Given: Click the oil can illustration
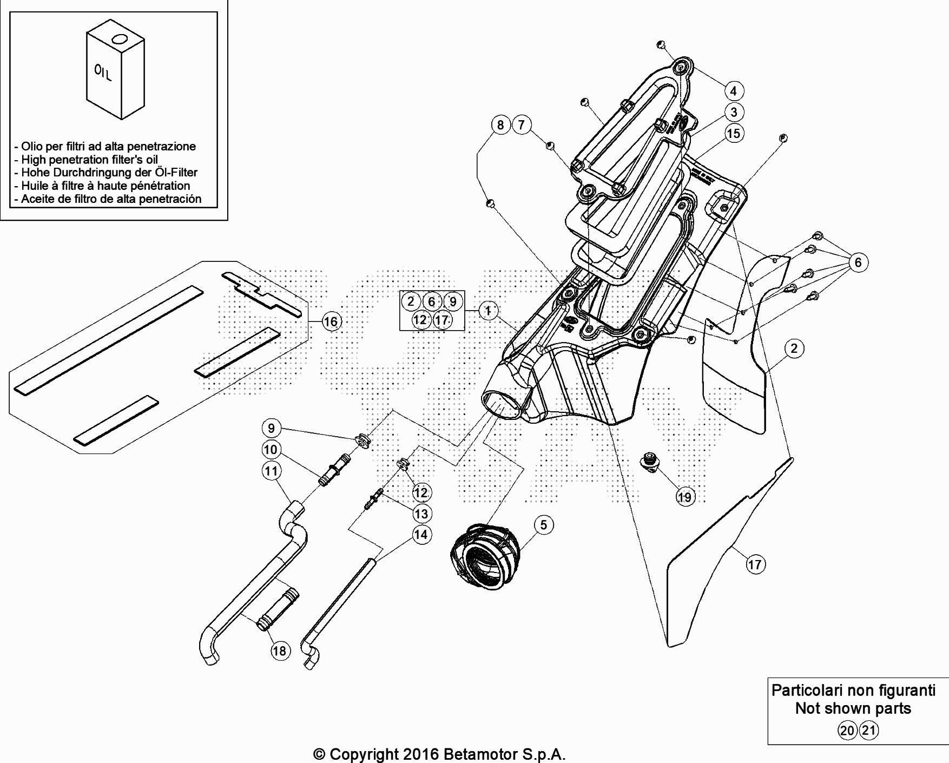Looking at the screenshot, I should (115, 70).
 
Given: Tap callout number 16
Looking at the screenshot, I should (330, 321).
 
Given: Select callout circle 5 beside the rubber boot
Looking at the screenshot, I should (544, 524).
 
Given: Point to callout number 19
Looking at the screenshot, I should (685, 497).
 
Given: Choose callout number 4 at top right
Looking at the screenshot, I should (734, 91).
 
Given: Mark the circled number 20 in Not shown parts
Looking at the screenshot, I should (847, 731).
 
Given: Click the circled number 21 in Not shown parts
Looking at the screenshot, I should (869, 731).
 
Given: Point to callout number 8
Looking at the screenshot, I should (500, 125).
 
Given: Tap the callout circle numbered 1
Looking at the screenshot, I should (488, 311).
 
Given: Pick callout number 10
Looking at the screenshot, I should (271, 449).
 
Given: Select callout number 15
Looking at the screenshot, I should (734, 133).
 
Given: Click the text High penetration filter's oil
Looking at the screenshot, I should (90, 160).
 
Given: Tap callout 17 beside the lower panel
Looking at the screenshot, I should (755, 564).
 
